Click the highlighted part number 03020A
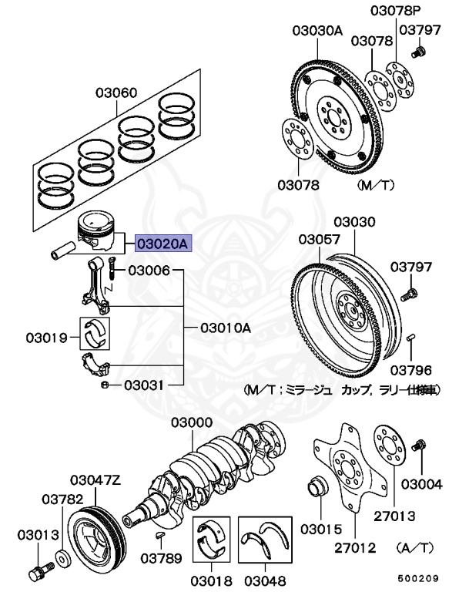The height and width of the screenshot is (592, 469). point(162,244)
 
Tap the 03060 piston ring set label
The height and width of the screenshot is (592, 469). point(116,94)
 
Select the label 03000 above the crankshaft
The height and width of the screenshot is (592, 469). point(192,422)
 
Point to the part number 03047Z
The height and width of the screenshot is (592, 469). point(96,479)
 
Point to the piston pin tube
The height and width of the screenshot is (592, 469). point(65,250)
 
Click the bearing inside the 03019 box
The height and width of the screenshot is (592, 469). point(97,333)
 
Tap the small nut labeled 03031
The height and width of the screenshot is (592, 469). point(104,384)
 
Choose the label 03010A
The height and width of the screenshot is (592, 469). point(226,328)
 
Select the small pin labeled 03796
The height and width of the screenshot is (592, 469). point(411,337)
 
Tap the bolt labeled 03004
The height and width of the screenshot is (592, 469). point(421,446)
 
